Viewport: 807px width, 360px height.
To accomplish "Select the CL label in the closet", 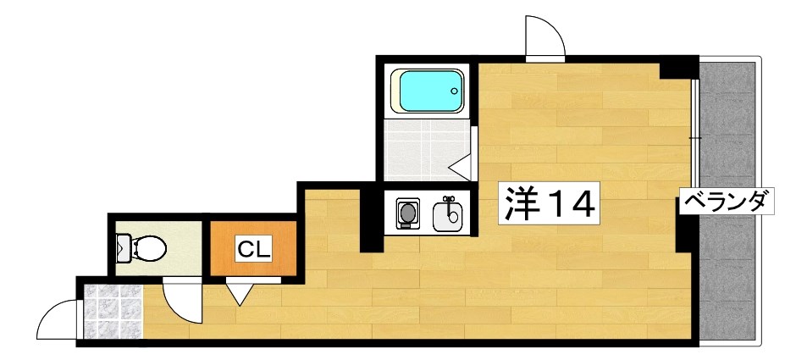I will pos(253,249).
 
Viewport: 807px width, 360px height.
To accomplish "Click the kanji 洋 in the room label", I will pos(522,202).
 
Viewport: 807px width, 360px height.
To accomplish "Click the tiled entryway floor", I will pos(111,312).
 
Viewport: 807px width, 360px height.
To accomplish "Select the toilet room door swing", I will pos(180,300).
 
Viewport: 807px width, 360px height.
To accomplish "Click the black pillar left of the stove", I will pos(371,222).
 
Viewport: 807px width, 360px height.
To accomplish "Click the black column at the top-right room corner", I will pos(678,68).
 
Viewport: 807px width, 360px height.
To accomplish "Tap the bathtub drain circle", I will pos(456,90).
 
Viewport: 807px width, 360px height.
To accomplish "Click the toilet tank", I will pos(123,248).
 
